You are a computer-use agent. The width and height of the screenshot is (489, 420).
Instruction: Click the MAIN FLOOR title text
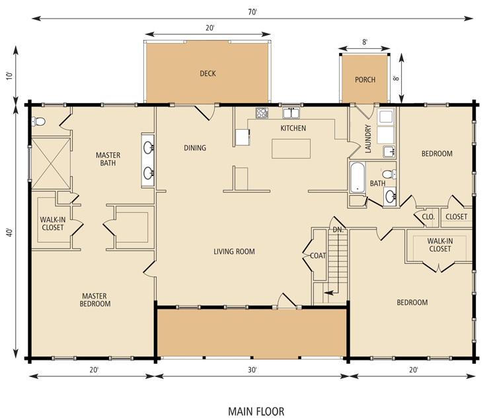coord(256,411)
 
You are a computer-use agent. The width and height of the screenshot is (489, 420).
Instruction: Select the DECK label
coord(207,73)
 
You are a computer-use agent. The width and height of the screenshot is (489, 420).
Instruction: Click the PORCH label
coord(365,80)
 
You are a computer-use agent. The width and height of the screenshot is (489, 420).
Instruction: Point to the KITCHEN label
coord(293,128)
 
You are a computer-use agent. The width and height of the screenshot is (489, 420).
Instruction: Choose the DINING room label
coord(195,148)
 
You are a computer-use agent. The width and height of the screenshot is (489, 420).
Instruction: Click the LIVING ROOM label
coord(234,251)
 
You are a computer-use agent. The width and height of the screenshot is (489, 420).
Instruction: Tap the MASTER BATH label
coord(107,159)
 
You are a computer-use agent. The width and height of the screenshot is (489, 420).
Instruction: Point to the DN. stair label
coord(338,230)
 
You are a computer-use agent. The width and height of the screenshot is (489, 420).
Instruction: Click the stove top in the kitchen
coord(262,113)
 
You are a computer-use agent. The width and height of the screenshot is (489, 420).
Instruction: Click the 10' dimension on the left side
coord(9,75)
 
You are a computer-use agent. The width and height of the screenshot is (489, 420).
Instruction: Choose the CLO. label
coord(428,216)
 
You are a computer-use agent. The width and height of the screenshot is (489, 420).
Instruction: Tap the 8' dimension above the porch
coord(365,41)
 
